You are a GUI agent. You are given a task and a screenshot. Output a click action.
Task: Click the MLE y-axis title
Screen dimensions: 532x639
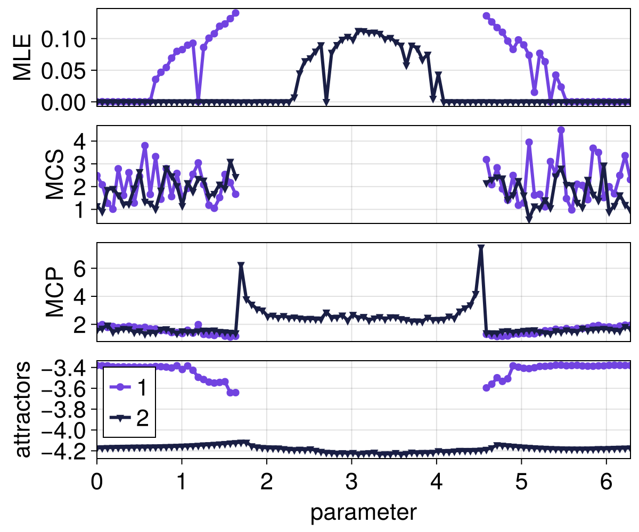coord(22,57)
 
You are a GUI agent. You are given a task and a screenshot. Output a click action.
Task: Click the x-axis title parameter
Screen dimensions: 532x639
coord(363,512)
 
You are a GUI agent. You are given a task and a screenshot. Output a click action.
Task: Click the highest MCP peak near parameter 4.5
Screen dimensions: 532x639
coord(481,248)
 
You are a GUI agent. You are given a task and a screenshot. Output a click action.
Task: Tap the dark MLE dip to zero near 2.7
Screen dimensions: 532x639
coord(326,101)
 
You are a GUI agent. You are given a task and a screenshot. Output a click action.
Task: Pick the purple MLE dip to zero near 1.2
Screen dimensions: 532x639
coord(198,101)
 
